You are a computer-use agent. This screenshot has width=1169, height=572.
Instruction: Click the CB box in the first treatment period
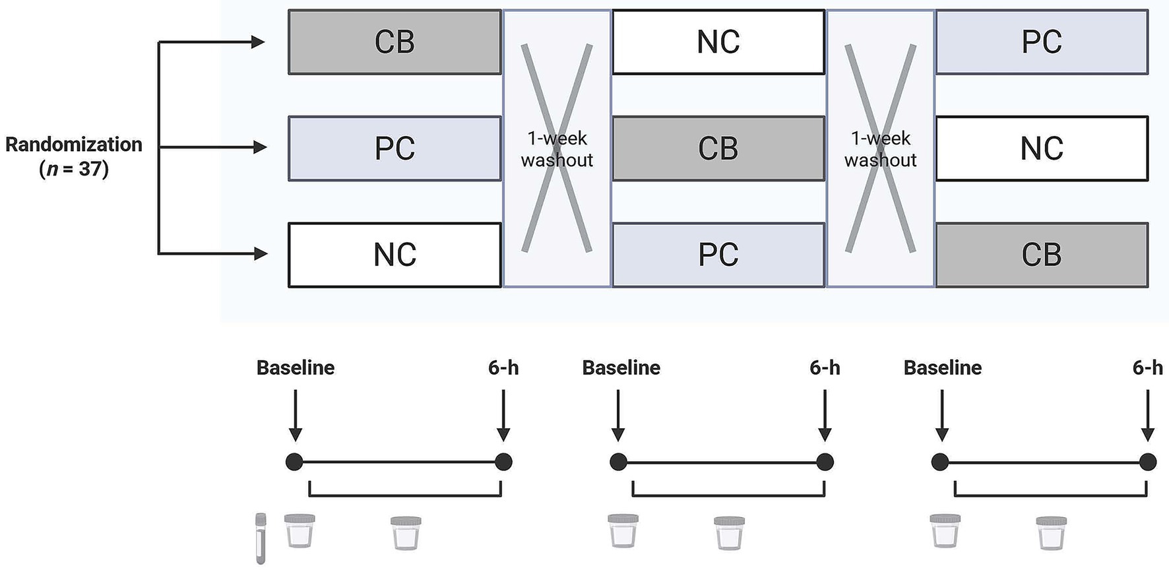(395, 42)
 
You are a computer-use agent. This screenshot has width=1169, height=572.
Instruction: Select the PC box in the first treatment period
(395, 148)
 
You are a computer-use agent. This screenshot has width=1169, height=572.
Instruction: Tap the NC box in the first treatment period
(395, 255)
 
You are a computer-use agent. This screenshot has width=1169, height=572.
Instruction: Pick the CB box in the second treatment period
(718, 148)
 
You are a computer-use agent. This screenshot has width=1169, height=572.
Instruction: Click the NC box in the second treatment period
(718, 42)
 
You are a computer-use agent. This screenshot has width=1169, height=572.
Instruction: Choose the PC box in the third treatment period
(1041, 42)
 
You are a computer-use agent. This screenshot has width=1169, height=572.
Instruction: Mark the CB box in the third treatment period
(1041, 255)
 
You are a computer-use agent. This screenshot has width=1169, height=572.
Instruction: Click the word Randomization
(74, 144)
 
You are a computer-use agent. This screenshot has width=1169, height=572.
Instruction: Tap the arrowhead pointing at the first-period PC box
(260, 147)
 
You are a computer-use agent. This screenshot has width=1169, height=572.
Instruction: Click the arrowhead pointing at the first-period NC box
(260, 253)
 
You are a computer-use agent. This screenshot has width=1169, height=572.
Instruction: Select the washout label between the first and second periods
(557, 149)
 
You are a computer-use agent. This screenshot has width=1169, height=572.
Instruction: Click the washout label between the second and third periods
(880, 149)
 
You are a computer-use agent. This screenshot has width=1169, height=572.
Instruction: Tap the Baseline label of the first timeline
(295, 367)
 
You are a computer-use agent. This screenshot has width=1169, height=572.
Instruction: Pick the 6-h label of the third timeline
(1147, 367)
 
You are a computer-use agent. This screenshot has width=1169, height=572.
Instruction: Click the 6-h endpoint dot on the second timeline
(825, 462)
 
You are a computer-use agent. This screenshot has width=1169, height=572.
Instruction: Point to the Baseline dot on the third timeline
(940, 462)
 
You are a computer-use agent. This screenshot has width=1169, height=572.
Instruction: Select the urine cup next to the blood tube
(300, 531)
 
